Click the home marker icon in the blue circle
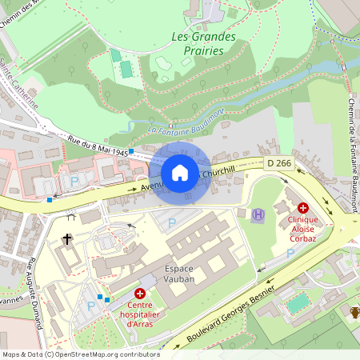(180, 172)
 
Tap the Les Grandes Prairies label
(204, 43)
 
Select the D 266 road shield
(279, 163)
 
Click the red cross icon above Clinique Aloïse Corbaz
(303, 207)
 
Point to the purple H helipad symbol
(258, 214)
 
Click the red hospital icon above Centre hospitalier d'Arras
(140, 294)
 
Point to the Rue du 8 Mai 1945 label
(98, 146)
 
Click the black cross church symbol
(67, 238)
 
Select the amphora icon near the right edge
(354, 311)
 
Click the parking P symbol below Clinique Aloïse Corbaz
(290, 253)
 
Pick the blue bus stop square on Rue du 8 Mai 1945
(130, 150)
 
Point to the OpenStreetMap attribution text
(81, 354)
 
